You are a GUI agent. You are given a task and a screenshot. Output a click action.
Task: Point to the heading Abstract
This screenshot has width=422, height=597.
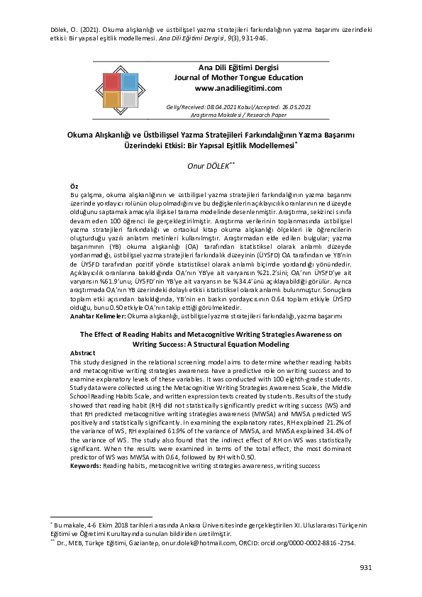[84, 352]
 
